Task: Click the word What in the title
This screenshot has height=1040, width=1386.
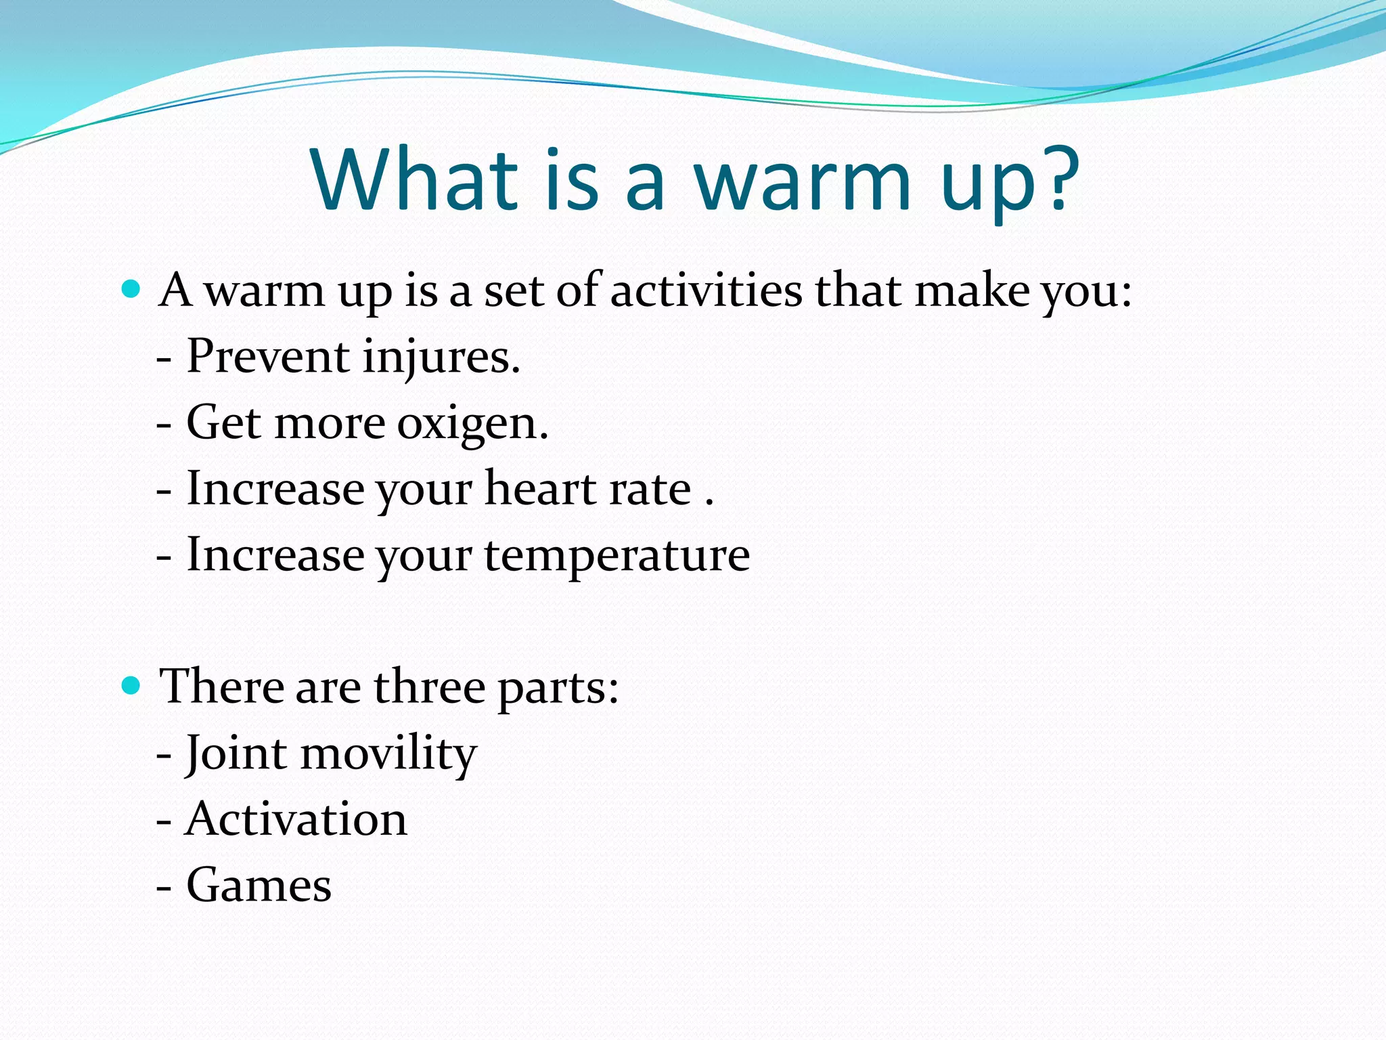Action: tap(414, 179)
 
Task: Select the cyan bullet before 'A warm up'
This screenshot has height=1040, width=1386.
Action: tap(131, 290)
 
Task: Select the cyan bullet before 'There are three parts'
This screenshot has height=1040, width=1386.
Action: tap(131, 686)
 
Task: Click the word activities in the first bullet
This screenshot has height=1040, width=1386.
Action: tap(706, 290)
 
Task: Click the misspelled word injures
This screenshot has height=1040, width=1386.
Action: tap(441, 357)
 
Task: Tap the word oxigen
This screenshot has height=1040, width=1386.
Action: tap(472, 424)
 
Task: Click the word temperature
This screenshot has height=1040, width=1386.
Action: tap(617, 555)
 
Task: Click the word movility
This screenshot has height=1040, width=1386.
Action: tap(388, 753)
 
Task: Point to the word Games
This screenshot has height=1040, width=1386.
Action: tap(259, 885)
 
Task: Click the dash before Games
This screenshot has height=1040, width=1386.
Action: tap(164, 886)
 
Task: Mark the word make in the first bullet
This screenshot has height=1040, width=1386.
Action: tap(973, 290)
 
